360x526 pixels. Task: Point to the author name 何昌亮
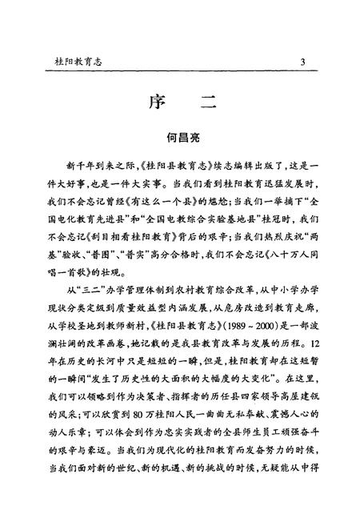181,139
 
